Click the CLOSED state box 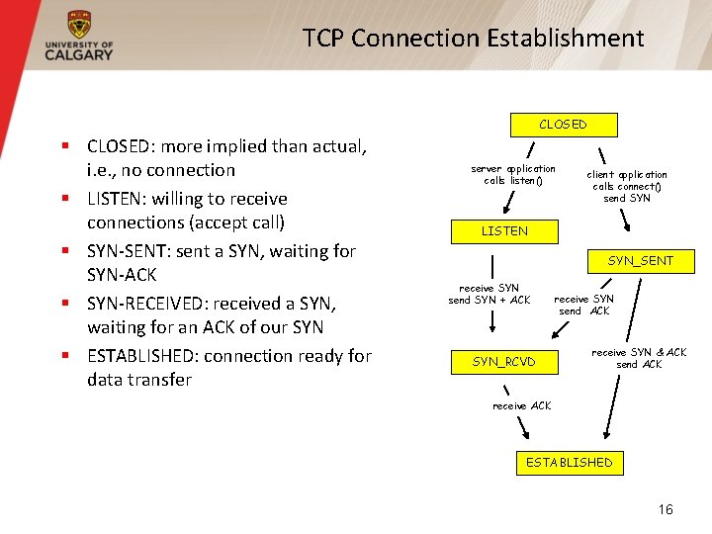tap(563, 125)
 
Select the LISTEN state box tap(504, 231)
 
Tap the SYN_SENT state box tap(640, 261)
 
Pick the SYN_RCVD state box tap(503, 362)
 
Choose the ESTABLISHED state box tap(569, 462)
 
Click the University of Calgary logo tap(78, 37)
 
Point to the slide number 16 tap(666, 509)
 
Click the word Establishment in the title tap(565, 39)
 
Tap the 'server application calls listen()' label tap(513, 175)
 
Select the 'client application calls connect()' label tap(626, 186)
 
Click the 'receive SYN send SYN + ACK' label tap(489, 294)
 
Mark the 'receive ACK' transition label tap(521, 405)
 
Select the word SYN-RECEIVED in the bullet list tap(147, 304)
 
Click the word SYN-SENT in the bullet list tap(125, 251)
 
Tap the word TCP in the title tap(323, 39)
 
